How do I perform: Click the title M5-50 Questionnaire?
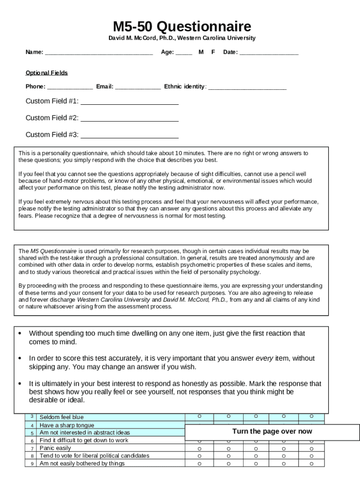click(182, 26)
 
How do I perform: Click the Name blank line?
click(99, 53)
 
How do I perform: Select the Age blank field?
click(184, 53)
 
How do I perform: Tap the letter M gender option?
click(201, 52)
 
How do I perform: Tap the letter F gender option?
click(213, 52)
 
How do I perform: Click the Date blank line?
click(269, 53)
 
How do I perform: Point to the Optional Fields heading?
click(46, 73)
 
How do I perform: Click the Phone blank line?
click(70, 87)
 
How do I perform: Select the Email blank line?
click(137, 87)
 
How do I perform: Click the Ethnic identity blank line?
click(247, 87)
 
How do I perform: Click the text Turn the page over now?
click(272, 432)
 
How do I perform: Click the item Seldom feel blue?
click(62, 417)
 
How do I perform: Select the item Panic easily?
click(56, 448)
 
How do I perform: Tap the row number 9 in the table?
click(32, 464)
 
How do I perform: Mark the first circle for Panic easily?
click(200, 448)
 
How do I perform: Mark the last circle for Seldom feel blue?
click(311, 416)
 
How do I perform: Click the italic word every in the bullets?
click(264, 359)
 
